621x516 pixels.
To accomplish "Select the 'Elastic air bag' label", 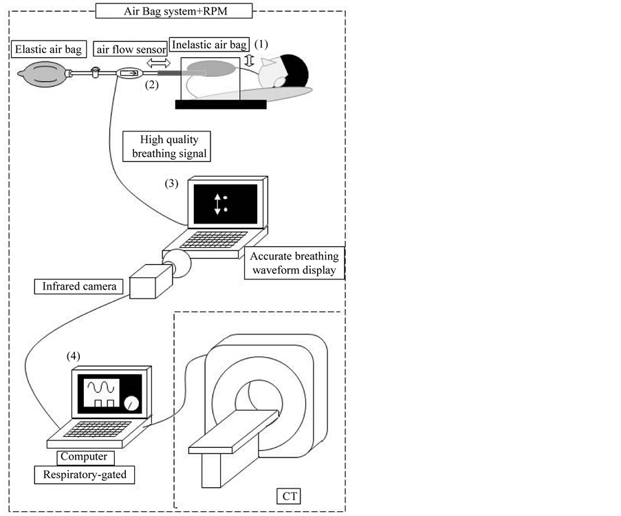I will coord(47,49).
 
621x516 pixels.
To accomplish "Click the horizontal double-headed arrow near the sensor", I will coord(159,62).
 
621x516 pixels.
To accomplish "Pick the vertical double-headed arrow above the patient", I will coord(249,61).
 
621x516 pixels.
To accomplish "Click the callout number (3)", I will coord(172,184).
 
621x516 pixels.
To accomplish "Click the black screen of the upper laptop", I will coord(225,204).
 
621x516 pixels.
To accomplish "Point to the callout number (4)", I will coord(73,356).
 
